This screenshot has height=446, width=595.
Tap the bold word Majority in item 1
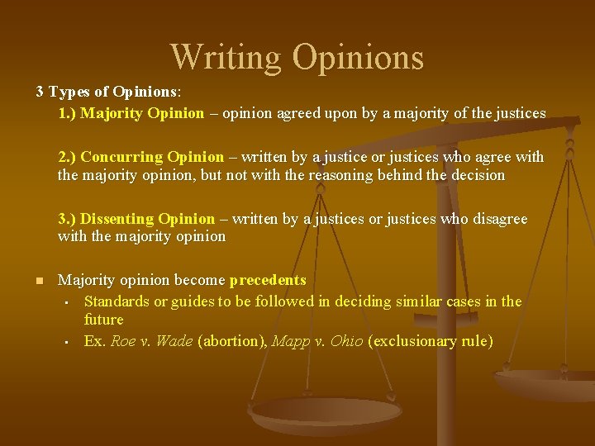(114, 113)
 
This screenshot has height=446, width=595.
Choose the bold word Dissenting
(120, 219)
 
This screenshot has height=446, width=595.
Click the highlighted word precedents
(268, 281)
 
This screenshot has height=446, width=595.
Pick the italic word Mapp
(287, 340)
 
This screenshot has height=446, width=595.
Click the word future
(103, 320)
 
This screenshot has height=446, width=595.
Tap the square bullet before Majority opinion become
(38, 282)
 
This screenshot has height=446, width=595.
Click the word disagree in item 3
(497, 219)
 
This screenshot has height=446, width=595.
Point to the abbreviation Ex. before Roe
(95, 340)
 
